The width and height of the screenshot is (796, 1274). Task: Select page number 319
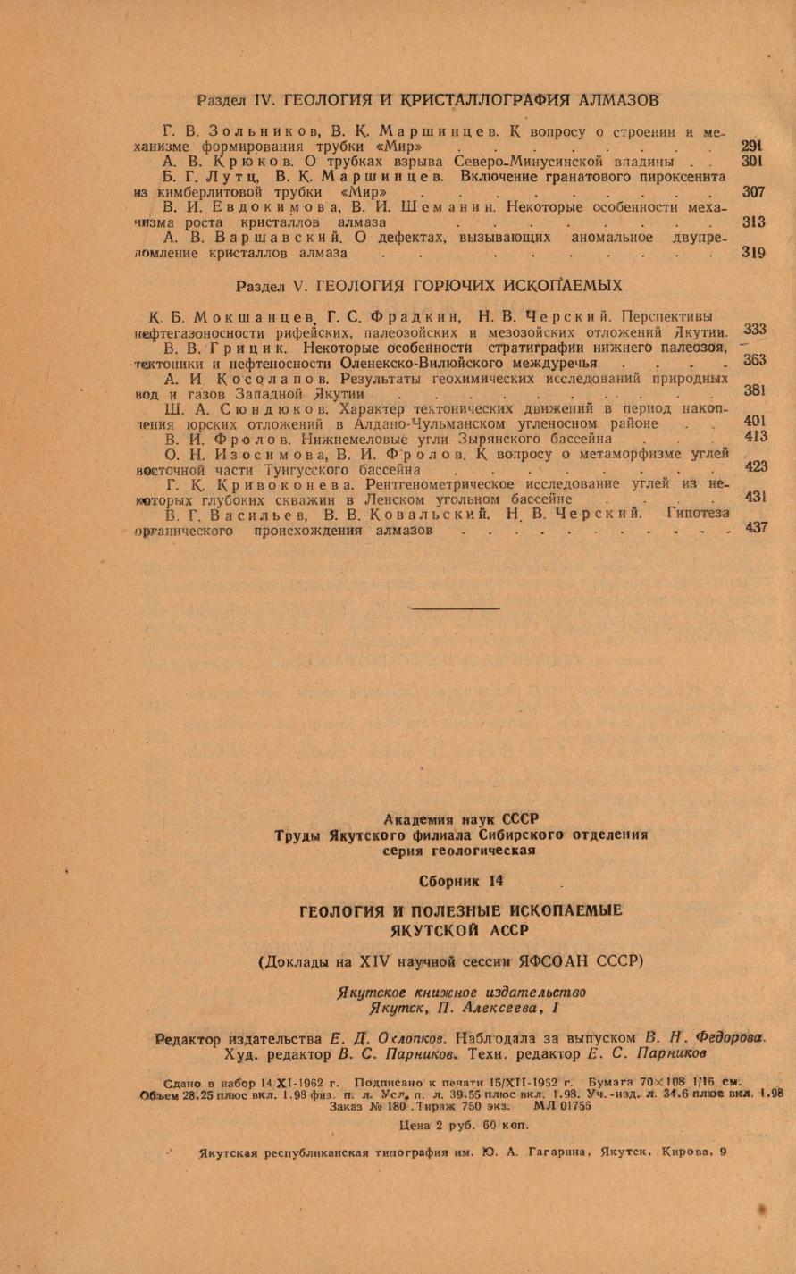[753, 253]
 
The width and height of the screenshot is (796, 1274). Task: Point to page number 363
[755, 360]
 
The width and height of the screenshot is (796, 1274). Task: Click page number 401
[755, 421]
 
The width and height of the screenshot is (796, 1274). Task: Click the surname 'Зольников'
[260, 131]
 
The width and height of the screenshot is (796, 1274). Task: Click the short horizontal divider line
[456, 608]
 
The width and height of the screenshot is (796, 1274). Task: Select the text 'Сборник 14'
[462, 881]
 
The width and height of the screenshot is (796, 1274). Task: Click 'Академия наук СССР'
[462, 818]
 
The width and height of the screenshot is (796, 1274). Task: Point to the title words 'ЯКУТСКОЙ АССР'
[460, 926]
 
